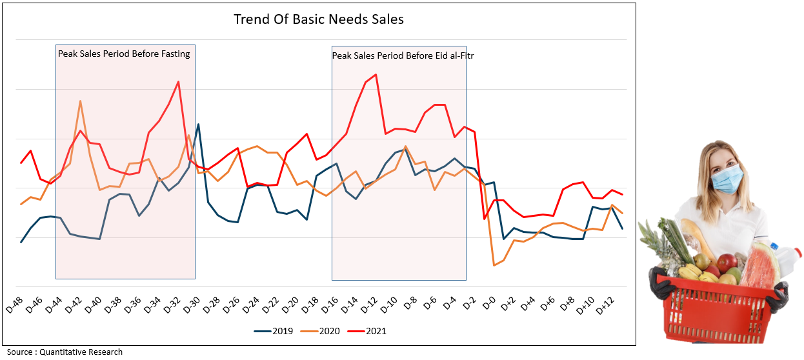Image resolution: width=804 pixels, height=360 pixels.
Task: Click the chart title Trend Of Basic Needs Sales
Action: [x=318, y=19]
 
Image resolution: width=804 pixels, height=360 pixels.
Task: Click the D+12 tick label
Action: [x=605, y=306]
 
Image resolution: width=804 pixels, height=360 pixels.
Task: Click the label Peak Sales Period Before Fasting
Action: [x=124, y=54]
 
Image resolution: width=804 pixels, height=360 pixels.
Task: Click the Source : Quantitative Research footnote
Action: [x=65, y=352]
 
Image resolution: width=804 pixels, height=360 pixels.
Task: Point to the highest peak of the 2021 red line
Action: [x=376, y=75]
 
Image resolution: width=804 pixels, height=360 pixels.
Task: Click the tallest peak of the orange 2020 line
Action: [x=80, y=101]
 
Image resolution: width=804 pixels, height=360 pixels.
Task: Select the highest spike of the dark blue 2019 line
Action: [x=198, y=125]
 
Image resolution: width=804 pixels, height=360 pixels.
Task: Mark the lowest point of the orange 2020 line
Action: [x=494, y=265]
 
